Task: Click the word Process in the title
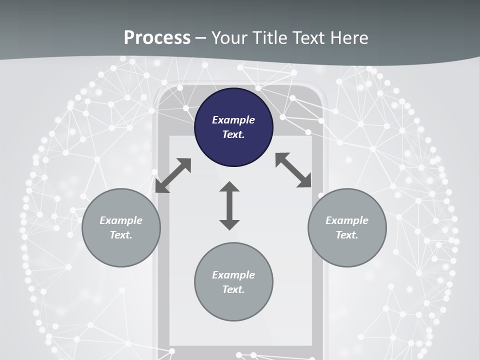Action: coord(157,38)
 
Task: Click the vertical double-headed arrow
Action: coord(229,206)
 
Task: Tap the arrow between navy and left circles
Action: coord(173,175)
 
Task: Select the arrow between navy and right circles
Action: coord(293,170)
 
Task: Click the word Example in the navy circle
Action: coord(233,120)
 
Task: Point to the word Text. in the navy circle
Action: coord(233,134)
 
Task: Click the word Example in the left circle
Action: coord(121,220)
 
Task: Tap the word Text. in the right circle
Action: coord(347,235)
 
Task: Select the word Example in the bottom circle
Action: coord(233,275)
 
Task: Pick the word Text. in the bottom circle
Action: coord(233,289)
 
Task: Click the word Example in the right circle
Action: coord(347,220)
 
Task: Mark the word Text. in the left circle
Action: coord(121,235)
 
